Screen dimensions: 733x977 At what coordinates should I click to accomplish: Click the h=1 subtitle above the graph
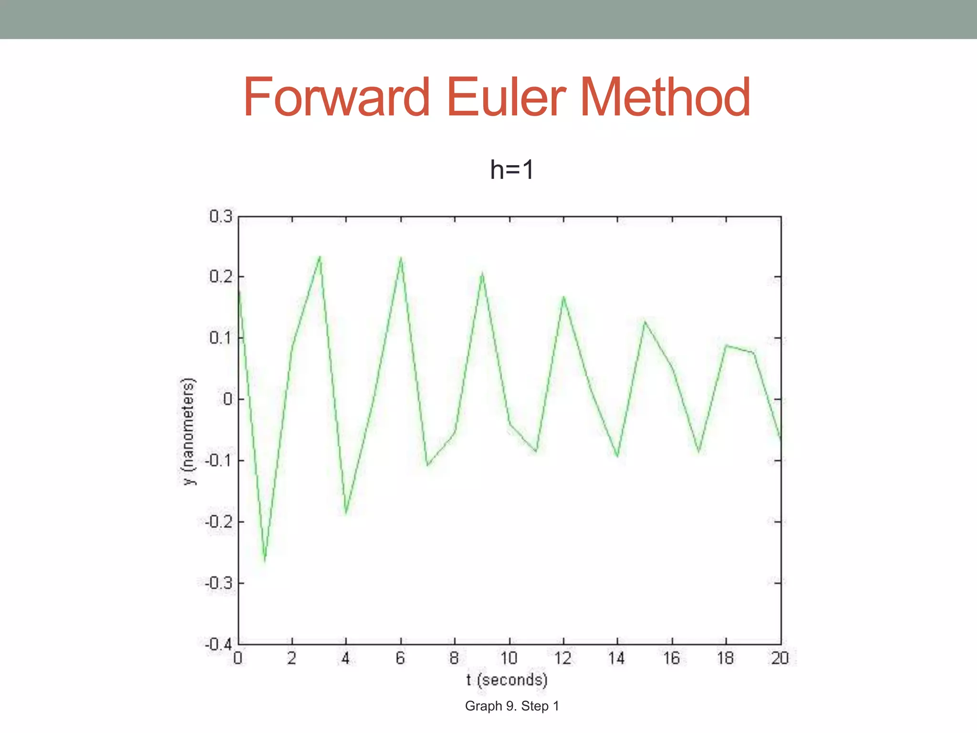(x=512, y=169)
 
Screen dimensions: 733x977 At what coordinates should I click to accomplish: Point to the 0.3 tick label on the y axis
(x=221, y=217)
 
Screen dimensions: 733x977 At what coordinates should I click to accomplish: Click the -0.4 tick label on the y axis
(x=218, y=645)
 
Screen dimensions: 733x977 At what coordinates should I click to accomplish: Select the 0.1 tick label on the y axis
(x=221, y=338)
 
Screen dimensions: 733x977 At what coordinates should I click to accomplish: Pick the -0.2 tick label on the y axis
(x=218, y=522)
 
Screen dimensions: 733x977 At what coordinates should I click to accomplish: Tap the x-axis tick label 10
(x=509, y=659)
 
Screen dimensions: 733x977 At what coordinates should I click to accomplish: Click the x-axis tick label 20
(x=780, y=659)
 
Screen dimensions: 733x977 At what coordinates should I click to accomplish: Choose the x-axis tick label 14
(x=616, y=659)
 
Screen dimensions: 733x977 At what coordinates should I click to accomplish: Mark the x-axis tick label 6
(x=400, y=659)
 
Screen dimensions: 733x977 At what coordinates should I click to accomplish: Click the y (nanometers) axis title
(x=189, y=431)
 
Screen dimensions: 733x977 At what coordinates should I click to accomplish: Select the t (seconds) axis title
(x=507, y=680)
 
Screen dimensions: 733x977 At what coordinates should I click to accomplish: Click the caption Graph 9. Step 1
(x=512, y=706)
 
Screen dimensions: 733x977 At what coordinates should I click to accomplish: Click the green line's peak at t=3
(x=320, y=257)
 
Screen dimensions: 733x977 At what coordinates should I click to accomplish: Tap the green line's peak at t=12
(x=563, y=297)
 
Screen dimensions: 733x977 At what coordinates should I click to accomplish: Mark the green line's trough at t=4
(x=346, y=513)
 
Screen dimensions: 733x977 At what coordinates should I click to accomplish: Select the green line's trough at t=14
(x=618, y=456)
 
